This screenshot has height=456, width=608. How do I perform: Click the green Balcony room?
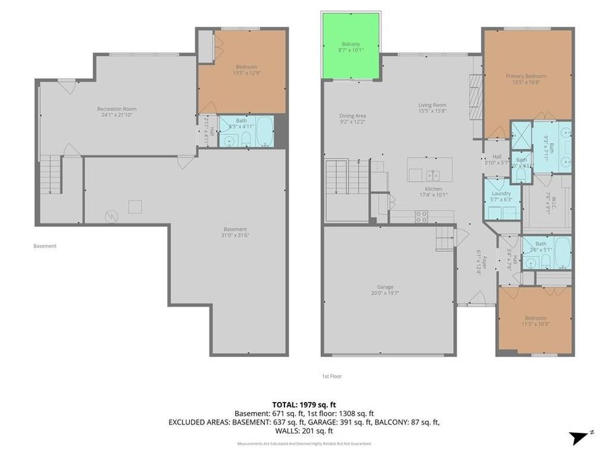click(x=351, y=45)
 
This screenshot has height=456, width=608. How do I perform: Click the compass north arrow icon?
click(x=580, y=437)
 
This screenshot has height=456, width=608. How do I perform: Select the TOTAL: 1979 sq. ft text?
click(x=303, y=403)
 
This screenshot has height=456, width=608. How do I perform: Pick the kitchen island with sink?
click(x=430, y=169)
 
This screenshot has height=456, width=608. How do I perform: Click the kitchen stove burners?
click(x=420, y=216)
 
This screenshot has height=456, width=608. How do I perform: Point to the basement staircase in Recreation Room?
click(x=51, y=174)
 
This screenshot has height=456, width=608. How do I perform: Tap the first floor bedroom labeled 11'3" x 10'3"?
click(x=535, y=320)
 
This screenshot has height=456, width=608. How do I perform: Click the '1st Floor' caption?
click(x=331, y=376)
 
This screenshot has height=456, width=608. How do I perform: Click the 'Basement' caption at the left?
click(x=45, y=246)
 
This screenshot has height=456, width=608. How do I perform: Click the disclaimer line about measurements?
click(x=303, y=443)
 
